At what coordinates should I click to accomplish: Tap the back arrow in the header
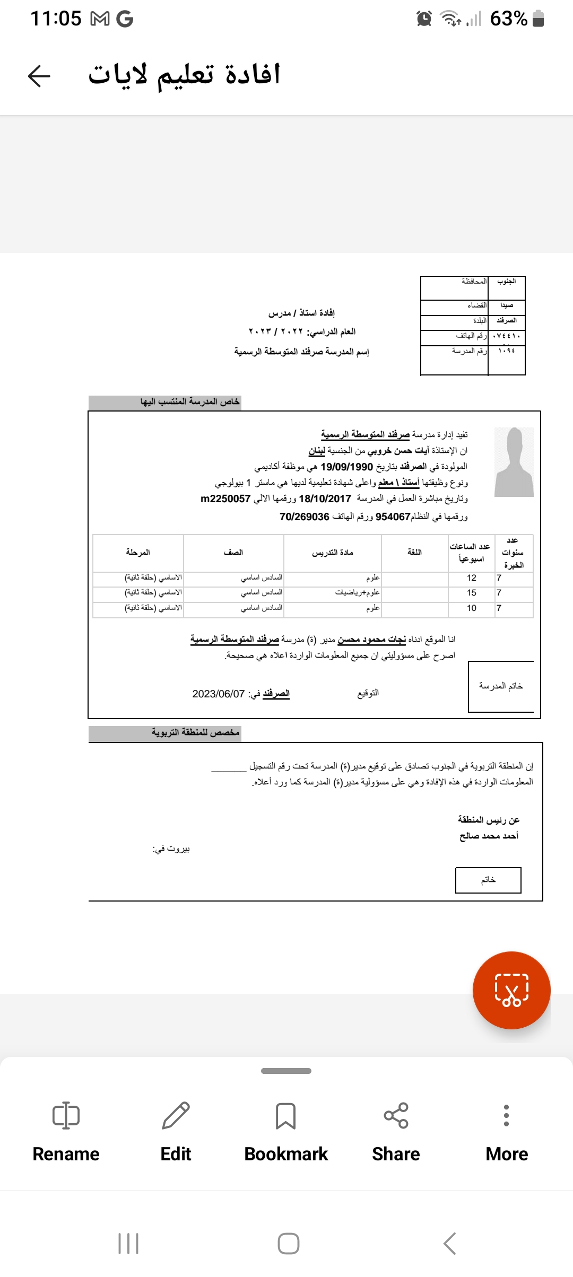(x=39, y=76)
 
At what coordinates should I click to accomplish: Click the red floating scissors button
(x=511, y=990)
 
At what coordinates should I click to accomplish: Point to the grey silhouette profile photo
(x=514, y=462)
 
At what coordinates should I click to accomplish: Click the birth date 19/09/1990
(x=346, y=467)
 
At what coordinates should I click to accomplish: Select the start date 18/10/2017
(x=325, y=499)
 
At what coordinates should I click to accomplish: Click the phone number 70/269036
(x=305, y=517)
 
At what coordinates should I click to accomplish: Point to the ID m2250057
(x=225, y=499)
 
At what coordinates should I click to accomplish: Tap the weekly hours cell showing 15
(x=471, y=593)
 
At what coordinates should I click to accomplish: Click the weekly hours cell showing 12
(x=471, y=578)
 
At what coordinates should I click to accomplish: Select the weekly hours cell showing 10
(x=471, y=608)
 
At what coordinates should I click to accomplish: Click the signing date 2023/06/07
(x=219, y=694)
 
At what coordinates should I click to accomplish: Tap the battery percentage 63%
(x=508, y=19)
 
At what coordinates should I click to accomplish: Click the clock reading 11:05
(x=56, y=19)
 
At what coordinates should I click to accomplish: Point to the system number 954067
(x=393, y=517)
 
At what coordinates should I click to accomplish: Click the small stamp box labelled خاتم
(x=488, y=880)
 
